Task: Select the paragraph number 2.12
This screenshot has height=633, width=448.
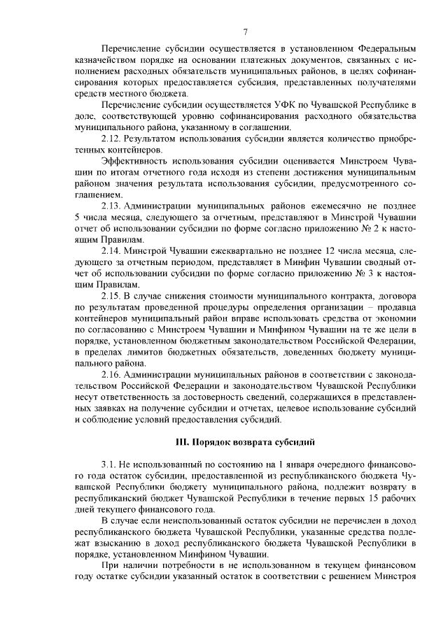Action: [111, 139]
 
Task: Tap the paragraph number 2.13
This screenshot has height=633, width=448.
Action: [111, 206]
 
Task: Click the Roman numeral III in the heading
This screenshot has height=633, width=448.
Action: [180, 442]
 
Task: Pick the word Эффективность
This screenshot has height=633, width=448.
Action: [135, 162]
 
